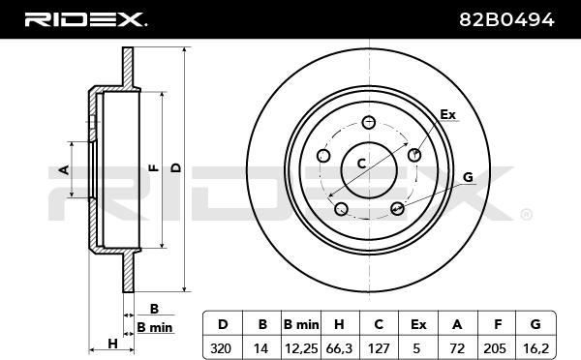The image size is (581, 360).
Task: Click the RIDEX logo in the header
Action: (85, 19)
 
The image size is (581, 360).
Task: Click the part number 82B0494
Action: (506, 19)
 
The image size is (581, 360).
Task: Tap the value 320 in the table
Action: (221, 348)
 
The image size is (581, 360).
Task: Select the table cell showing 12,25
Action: (301, 348)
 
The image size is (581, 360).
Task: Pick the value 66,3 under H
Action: (340, 348)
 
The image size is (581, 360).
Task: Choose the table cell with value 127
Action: (379, 348)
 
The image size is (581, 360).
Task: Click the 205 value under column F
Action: (495, 348)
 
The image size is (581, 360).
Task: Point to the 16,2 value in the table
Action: (535, 348)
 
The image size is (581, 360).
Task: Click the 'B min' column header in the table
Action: (301, 324)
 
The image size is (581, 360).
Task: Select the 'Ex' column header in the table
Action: (418, 324)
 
